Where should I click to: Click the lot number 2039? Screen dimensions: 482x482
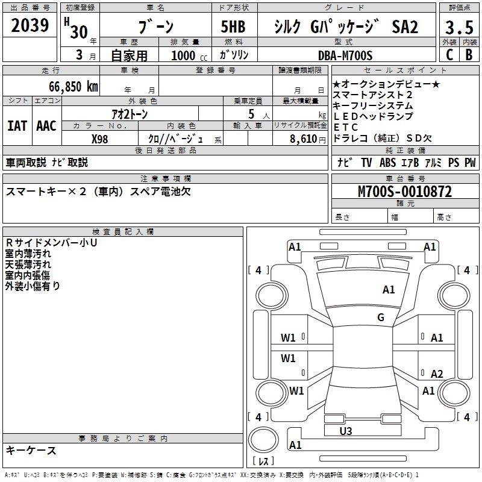pos(31,26)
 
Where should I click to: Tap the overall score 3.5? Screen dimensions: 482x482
pos(458,28)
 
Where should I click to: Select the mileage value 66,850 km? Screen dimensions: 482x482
pos(68,87)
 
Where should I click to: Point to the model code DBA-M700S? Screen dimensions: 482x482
pos(345,55)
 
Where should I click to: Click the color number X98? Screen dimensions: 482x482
pos(100,139)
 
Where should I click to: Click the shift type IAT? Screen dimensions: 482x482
pos(17,126)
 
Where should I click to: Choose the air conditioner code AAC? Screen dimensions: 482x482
pos(46,126)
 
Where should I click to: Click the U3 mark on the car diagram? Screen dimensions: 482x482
pos(346,431)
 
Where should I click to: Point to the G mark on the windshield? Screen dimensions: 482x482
pos(380,318)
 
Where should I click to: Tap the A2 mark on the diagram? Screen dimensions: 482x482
pos(437,374)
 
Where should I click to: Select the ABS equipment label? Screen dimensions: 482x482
pos(387,163)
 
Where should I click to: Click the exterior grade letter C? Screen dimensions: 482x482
pos(449,55)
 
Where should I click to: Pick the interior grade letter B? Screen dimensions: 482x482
pos(469,55)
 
